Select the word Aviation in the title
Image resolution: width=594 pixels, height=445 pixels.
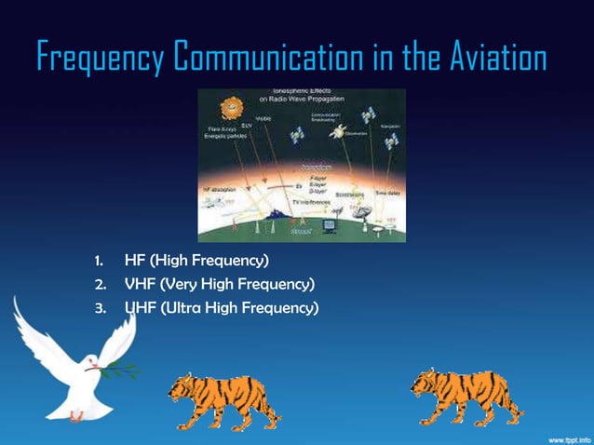pos(490,58)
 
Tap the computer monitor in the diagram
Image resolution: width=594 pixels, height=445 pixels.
pos(331,224)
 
